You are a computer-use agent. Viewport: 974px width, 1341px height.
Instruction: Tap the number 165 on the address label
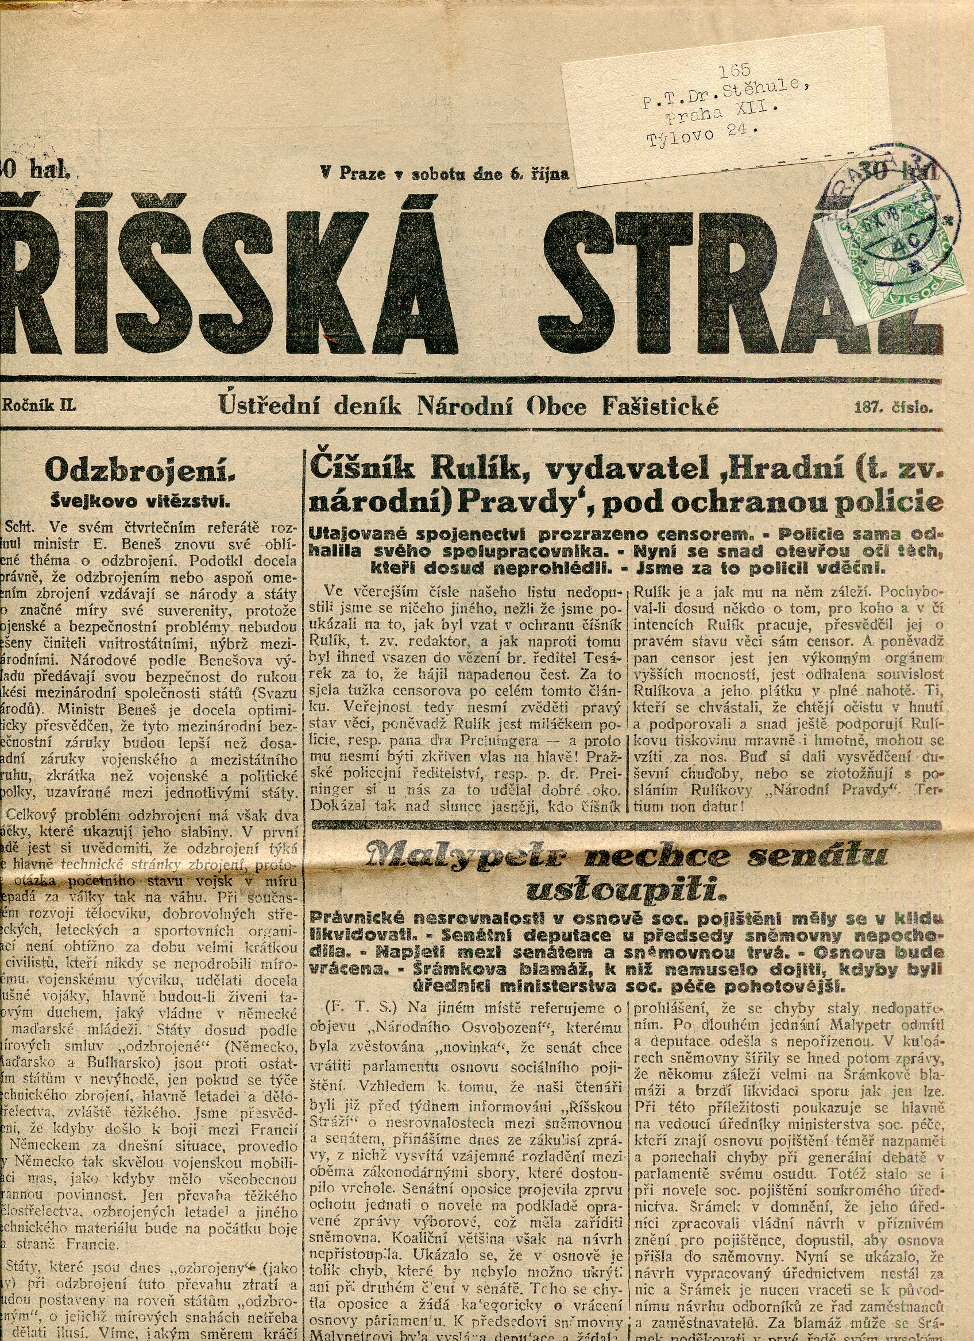point(735,70)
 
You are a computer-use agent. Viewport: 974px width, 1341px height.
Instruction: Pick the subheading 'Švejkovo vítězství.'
point(140,501)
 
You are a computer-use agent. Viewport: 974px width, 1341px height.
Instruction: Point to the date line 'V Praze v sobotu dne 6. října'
point(444,174)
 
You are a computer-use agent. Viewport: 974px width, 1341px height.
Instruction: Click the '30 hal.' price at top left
point(37,172)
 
